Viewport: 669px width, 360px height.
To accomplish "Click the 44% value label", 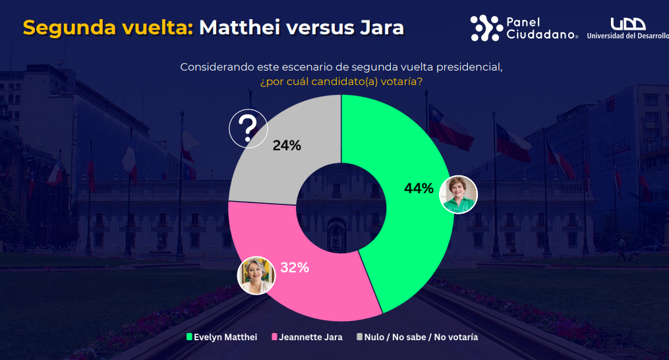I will (x=419, y=189).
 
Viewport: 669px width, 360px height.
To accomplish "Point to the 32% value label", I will (x=295, y=268).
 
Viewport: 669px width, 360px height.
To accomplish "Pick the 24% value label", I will (x=287, y=146).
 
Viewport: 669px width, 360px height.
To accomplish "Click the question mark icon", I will (x=248, y=128).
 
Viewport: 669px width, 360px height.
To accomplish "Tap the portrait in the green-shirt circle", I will (x=458, y=195).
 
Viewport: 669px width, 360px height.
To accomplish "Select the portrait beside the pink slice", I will (x=256, y=275).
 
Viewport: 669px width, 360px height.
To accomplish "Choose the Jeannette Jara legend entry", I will (x=310, y=337).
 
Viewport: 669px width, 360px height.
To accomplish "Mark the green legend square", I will (x=189, y=337).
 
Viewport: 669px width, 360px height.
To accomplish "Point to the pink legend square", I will (x=274, y=337).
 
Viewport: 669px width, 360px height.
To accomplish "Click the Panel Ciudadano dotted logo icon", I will (x=486, y=28).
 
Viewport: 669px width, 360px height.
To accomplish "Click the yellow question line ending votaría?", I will (x=341, y=82).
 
